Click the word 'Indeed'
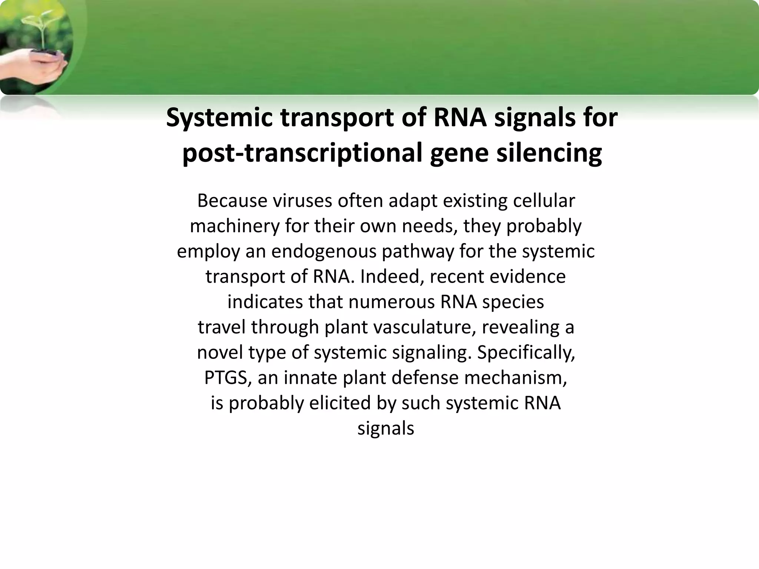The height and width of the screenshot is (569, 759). point(389,277)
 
